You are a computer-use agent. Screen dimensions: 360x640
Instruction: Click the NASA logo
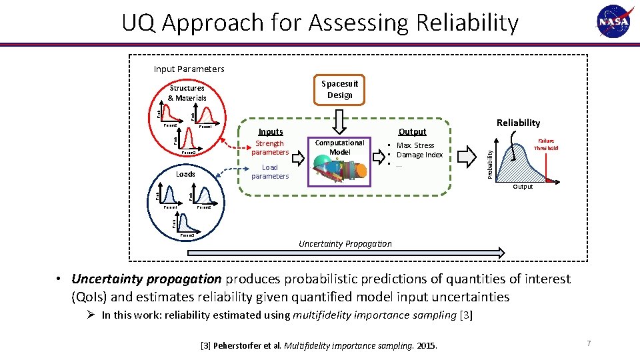click(613, 22)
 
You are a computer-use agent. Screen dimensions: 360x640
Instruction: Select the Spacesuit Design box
click(339, 89)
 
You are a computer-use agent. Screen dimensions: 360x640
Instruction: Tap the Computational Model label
click(339, 147)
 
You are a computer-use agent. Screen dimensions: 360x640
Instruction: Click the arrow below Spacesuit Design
click(339, 122)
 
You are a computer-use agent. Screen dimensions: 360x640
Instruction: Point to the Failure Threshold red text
click(544, 145)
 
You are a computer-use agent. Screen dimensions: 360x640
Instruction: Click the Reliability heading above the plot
click(518, 123)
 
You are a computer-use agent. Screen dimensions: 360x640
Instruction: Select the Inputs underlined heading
click(270, 132)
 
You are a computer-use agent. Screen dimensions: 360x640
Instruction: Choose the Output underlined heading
click(412, 132)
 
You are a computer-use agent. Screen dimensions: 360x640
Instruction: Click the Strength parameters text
click(270, 148)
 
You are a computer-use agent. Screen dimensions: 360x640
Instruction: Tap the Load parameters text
click(270, 172)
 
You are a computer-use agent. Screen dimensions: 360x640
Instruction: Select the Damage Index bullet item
click(419, 155)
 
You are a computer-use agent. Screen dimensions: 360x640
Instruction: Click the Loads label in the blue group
click(185, 174)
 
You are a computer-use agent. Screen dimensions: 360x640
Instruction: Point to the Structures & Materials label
click(187, 93)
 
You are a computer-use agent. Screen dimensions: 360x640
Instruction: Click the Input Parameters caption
click(189, 69)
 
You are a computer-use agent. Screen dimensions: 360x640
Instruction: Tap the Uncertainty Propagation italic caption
click(345, 243)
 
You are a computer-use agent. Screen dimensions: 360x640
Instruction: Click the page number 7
click(589, 343)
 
